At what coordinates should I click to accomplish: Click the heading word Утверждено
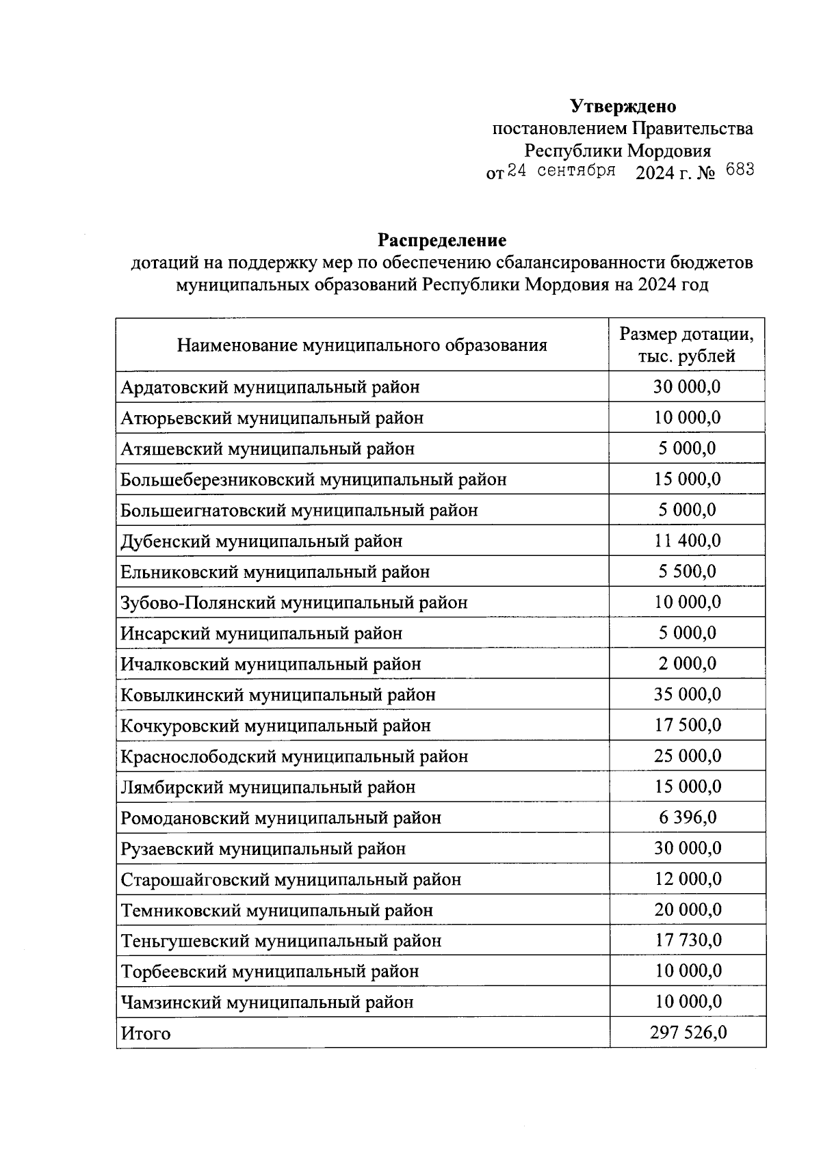[x=623, y=107]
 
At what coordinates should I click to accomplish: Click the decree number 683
[x=740, y=170]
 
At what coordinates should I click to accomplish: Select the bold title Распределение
[x=442, y=241]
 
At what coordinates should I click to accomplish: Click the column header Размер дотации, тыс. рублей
[x=686, y=345]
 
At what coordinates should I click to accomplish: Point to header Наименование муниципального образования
[x=362, y=345]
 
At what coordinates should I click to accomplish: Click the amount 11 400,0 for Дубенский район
[x=687, y=541]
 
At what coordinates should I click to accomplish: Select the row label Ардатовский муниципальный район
[x=270, y=388]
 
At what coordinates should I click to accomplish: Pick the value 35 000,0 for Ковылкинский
[x=687, y=695]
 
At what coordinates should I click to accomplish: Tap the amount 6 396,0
[x=687, y=818]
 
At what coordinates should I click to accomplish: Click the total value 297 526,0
[x=688, y=1033]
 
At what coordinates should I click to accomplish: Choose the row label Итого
[x=146, y=1033]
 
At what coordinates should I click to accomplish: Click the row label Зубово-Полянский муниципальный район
[x=294, y=603]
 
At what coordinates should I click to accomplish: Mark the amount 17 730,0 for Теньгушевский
[x=687, y=941]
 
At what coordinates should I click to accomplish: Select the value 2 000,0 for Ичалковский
[x=687, y=664]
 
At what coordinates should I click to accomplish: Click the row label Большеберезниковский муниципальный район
[x=313, y=480]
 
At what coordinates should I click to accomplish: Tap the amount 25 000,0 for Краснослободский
[x=687, y=756]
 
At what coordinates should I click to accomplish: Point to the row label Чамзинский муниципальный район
[x=267, y=1003]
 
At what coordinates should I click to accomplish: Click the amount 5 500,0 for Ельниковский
[x=687, y=572]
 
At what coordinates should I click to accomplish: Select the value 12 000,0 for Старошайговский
[x=687, y=879]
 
